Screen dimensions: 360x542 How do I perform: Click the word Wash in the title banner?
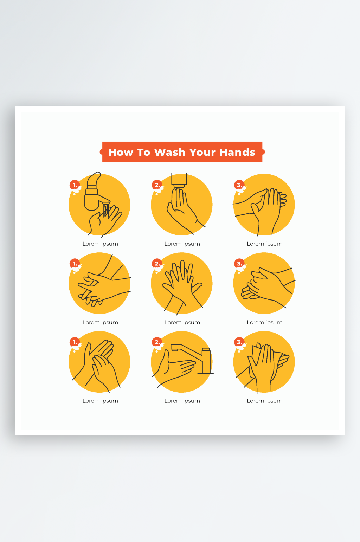click(x=169, y=153)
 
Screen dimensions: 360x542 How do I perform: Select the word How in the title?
click(x=121, y=153)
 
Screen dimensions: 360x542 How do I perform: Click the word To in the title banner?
click(x=143, y=153)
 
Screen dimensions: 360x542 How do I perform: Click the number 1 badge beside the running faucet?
click(x=75, y=185)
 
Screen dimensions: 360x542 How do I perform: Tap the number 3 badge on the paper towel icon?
click(x=239, y=342)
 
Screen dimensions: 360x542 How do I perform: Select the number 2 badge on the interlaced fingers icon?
click(x=157, y=264)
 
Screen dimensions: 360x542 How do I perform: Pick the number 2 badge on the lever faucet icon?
click(x=157, y=342)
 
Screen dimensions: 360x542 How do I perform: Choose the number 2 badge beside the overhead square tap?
click(x=157, y=185)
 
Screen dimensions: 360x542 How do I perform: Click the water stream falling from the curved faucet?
click(x=106, y=210)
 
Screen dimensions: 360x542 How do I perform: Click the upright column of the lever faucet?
click(x=206, y=361)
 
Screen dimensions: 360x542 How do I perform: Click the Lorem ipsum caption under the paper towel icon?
click(x=265, y=401)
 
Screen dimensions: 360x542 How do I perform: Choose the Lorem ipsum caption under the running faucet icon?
click(x=101, y=244)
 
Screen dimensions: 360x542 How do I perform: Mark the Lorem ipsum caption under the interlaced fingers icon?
click(x=182, y=323)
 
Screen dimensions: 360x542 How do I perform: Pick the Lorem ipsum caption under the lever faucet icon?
click(x=182, y=401)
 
